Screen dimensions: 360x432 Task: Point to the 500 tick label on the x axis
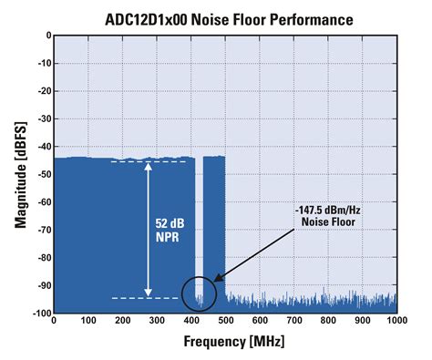(x=225, y=322)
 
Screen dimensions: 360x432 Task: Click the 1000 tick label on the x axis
(x=396, y=322)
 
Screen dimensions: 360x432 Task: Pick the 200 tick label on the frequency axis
(x=122, y=322)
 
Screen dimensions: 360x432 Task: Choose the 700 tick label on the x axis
(x=293, y=322)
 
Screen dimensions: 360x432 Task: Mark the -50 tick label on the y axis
(x=39, y=175)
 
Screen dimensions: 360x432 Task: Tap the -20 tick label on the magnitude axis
(x=39, y=91)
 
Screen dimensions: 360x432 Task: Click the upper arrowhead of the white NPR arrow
(x=148, y=167)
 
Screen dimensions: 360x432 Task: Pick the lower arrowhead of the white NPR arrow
(x=148, y=293)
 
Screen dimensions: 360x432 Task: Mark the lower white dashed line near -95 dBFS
(x=146, y=298)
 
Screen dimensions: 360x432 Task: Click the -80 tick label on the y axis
(x=39, y=258)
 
